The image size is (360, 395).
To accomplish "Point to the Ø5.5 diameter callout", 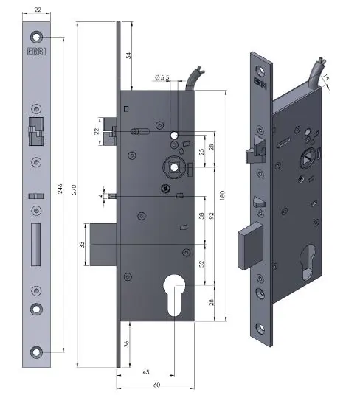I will click(162, 77).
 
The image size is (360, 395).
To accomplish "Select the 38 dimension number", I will click(201, 217).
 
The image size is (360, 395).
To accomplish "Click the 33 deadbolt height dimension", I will click(83, 245).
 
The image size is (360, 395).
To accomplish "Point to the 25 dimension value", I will click(201, 153).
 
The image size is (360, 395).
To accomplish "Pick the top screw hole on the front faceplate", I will click(35, 37).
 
